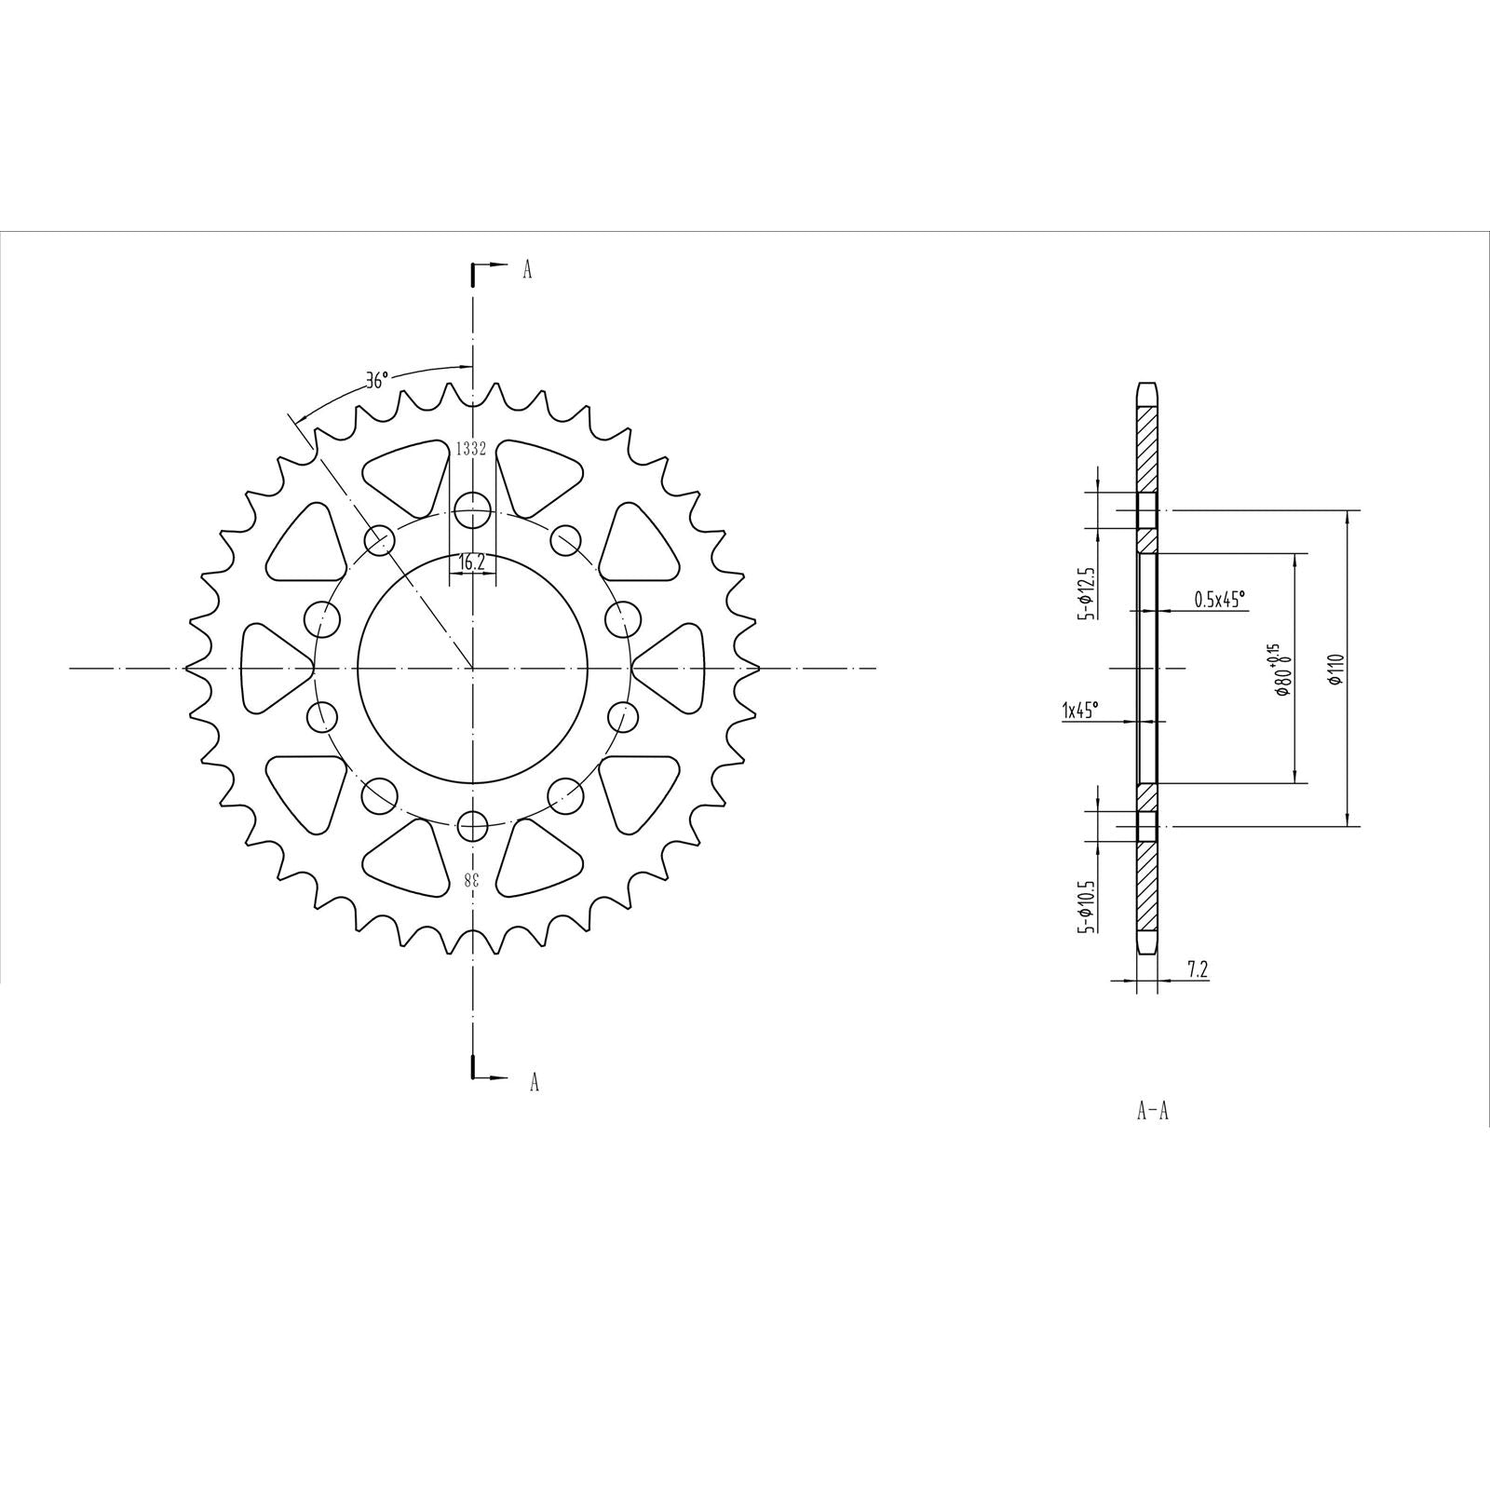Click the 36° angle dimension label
point(376,381)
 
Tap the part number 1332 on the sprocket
point(471,449)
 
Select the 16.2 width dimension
point(472,562)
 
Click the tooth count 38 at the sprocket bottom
point(473,879)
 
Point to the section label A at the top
point(527,271)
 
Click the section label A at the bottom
point(534,1082)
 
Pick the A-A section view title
point(1152,1112)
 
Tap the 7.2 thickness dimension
point(1198,970)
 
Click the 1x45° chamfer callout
point(1079,711)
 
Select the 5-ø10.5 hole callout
point(1085,906)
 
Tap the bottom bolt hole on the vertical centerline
point(473,825)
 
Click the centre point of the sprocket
point(473,669)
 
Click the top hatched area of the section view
point(1147,447)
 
